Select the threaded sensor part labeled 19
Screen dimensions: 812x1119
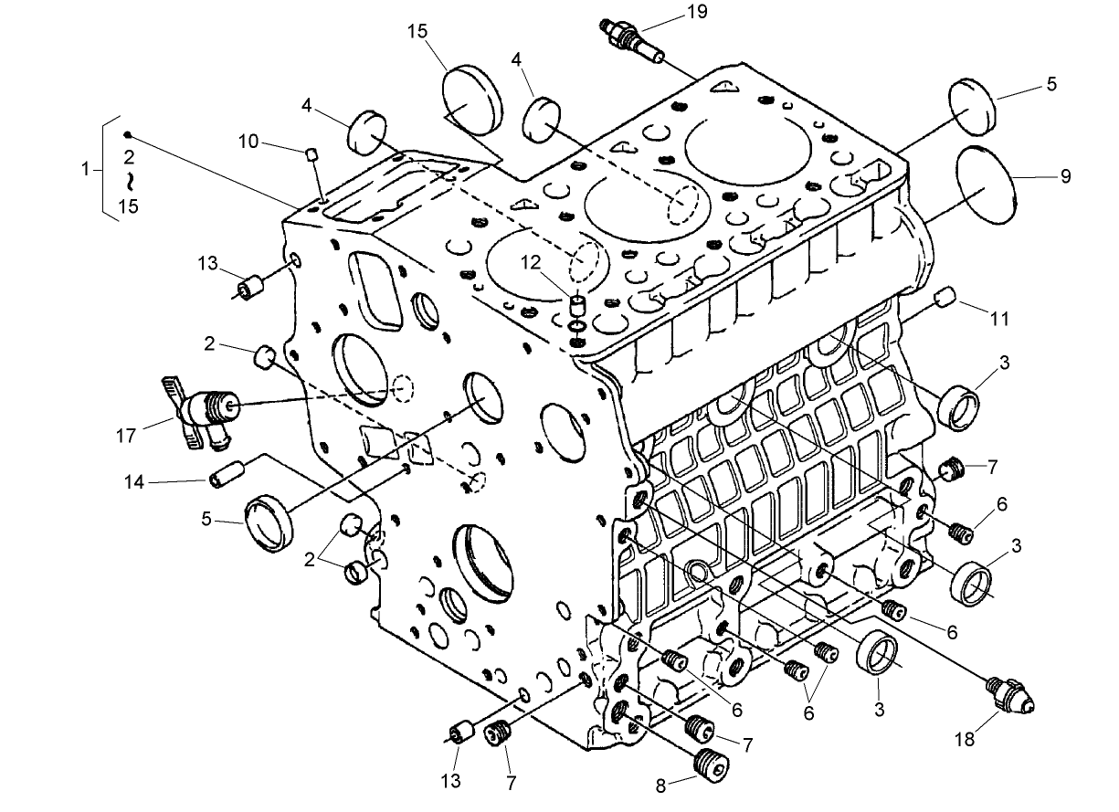629,36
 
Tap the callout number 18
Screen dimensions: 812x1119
964,739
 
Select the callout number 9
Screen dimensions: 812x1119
1065,177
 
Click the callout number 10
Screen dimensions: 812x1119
248,142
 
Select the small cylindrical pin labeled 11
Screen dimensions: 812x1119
946,296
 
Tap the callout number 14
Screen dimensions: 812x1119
133,481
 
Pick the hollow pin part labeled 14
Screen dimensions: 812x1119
227,476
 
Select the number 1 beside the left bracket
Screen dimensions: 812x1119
86,169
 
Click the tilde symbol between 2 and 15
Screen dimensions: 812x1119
129,180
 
